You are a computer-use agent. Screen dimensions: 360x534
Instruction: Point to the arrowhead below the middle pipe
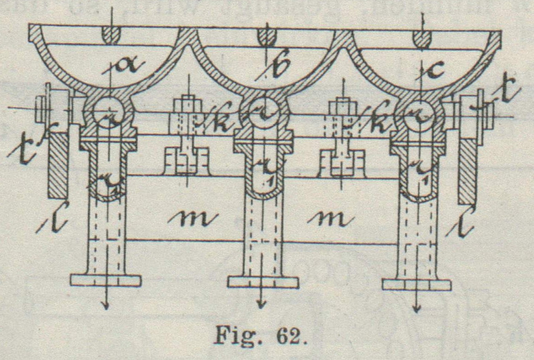point(262,305)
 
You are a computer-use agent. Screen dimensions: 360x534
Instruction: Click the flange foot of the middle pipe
point(262,280)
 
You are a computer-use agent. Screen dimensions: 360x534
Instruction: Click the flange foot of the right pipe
point(417,284)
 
